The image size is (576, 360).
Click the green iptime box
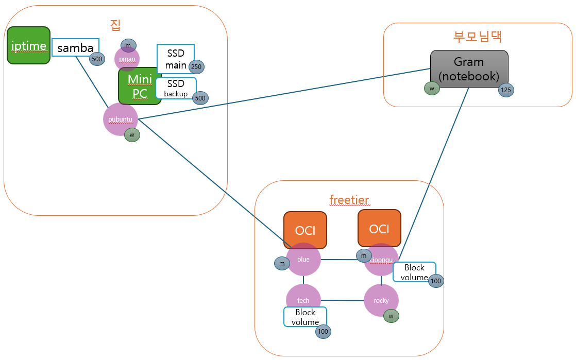point(28,45)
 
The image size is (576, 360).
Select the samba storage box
point(75,47)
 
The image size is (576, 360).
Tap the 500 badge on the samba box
point(97,59)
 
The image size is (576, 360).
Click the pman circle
point(127,59)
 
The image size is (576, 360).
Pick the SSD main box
point(175,58)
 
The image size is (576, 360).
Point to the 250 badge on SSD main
point(196,66)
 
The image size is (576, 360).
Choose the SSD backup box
point(176,88)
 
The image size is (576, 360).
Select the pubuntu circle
point(120,119)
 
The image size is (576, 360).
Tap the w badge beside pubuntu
point(132,135)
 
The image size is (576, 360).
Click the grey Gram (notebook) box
point(469,68)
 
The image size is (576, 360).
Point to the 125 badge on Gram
point(506,90)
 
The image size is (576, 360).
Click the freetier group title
point(349,199)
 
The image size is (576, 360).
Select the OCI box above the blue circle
point(305,230)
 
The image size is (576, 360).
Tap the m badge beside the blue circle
point(282,264)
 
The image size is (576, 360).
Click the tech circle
point(303,300)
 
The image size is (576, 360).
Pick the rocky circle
point(381,300)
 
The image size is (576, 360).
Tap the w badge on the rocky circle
point(391,316)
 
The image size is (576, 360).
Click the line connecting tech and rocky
point(342,300)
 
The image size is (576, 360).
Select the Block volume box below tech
point(305,317)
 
